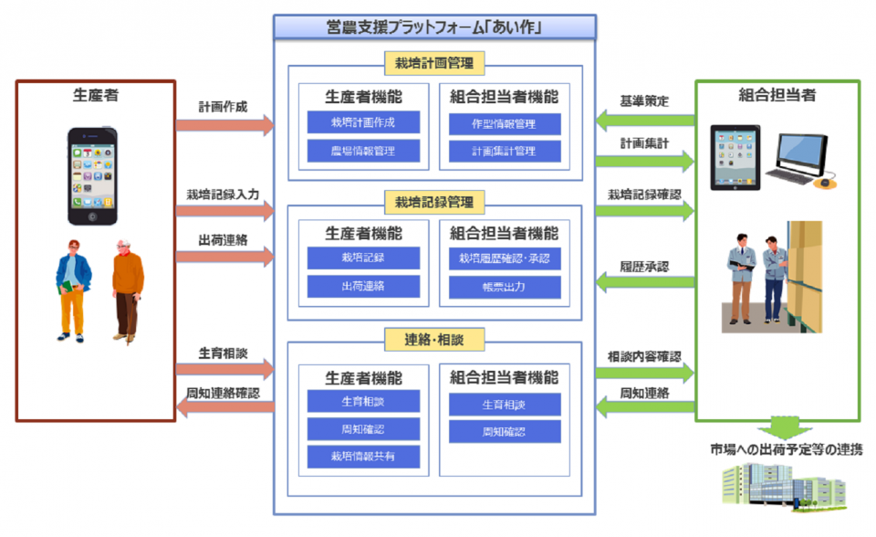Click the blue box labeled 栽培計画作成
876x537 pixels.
tap(363, 122)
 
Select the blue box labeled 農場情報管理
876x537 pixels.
tap(363, 151)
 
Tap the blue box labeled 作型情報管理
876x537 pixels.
tap(505, 123)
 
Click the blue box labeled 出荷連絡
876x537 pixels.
tap(363, 286)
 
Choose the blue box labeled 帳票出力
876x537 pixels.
tap(505, 287)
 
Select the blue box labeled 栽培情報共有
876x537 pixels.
tap(363, 456)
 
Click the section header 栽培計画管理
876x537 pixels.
tap(434, 63)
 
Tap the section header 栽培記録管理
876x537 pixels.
tap(434, 201)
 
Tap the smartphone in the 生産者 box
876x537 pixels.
tap(92, 176)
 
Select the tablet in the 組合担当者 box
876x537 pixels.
tap(735, 155)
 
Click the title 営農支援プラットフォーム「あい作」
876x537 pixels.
tap(434, 27)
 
